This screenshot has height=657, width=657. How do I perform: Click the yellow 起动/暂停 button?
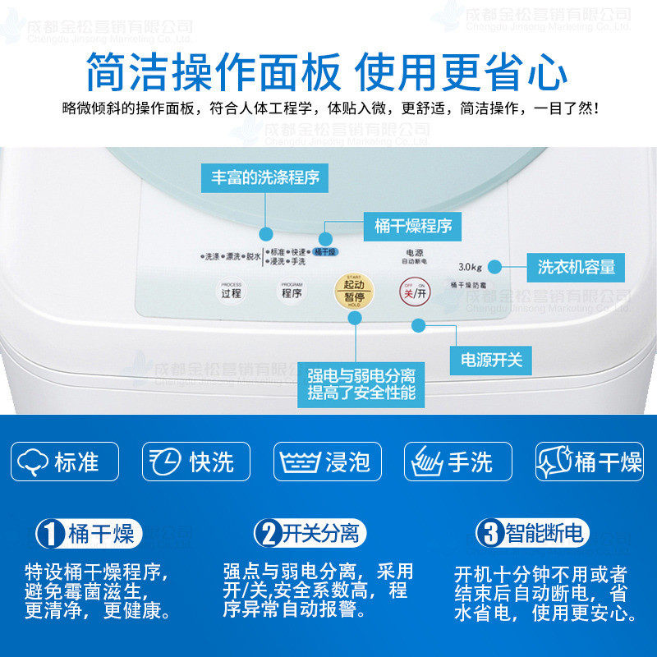(354, 291)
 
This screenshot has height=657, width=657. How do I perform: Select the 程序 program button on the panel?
(292, 291)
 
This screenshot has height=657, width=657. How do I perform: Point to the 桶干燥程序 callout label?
(412, 226)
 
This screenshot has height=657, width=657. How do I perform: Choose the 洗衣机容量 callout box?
(576, 267)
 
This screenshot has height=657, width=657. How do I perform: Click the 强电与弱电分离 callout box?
(361, 384)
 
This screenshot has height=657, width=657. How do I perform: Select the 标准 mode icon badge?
(65, 462)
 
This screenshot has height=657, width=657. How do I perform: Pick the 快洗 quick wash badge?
(195, 462)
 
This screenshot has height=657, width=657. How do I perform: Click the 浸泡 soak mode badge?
(327, 462)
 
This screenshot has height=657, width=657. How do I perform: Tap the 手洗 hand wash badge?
(457, 462)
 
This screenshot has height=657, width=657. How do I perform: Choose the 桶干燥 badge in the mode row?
(590, 462)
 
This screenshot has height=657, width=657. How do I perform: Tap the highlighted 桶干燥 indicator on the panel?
(325, 251)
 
